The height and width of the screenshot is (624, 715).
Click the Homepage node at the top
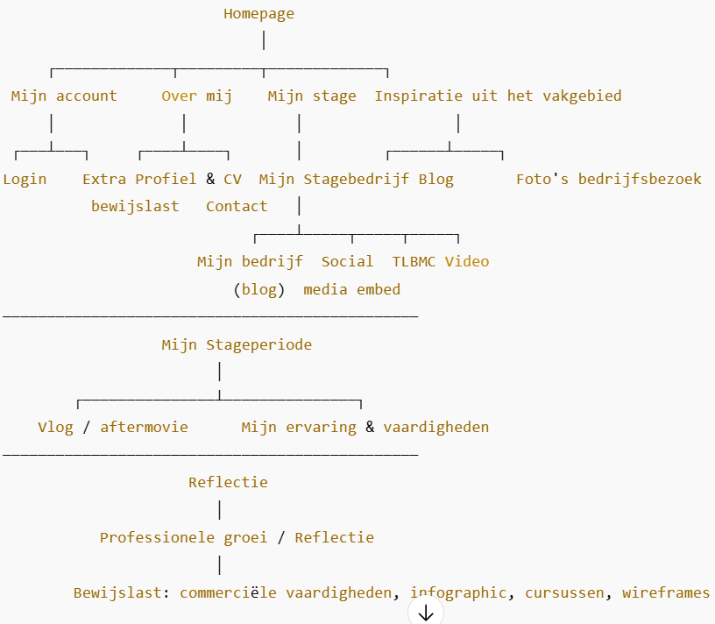(x=258, y=13)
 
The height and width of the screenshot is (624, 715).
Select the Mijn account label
(x=64, y=96)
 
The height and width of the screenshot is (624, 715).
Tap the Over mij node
(x=197, y=96)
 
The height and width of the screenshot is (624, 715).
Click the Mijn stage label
(x=312, y=96)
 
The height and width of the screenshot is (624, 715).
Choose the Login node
(x=25, y=179)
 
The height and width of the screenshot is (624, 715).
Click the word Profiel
(x=166, y=179)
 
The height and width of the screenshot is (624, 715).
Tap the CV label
(x=232, y=179)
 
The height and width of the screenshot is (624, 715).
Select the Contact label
(x=237, y=207)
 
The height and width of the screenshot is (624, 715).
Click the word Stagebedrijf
(x=356, y=179)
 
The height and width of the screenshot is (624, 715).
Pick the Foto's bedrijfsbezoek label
(x=608, y=179)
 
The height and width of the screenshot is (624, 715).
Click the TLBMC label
(x=414, y=261)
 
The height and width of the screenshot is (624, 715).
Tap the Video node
(x=467, y=261)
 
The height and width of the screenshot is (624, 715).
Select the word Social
(x=347, y=261)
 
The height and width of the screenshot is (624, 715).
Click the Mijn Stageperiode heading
(x=237, y=344)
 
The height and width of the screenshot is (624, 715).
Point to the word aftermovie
(x=144, y=427)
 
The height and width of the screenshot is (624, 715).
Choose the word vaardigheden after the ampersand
(x=435, y=427)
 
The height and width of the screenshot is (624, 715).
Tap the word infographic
(x=457, y=592)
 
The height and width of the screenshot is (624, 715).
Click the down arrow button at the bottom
(x=426, y=613)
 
